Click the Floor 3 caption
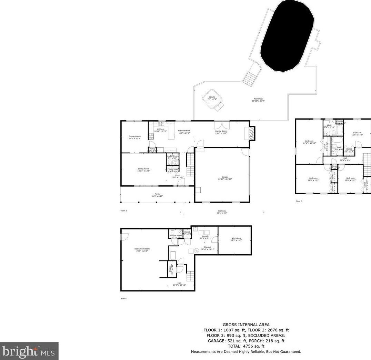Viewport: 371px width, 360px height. coord(299,201)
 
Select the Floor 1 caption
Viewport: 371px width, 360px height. coord(124,298)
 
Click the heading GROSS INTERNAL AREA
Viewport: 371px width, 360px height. coord(246,325)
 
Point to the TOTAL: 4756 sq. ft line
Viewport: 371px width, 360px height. coord(246,346)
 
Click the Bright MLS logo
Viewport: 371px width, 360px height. coord(29,351)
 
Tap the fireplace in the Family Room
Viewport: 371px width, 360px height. coord(252,134)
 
